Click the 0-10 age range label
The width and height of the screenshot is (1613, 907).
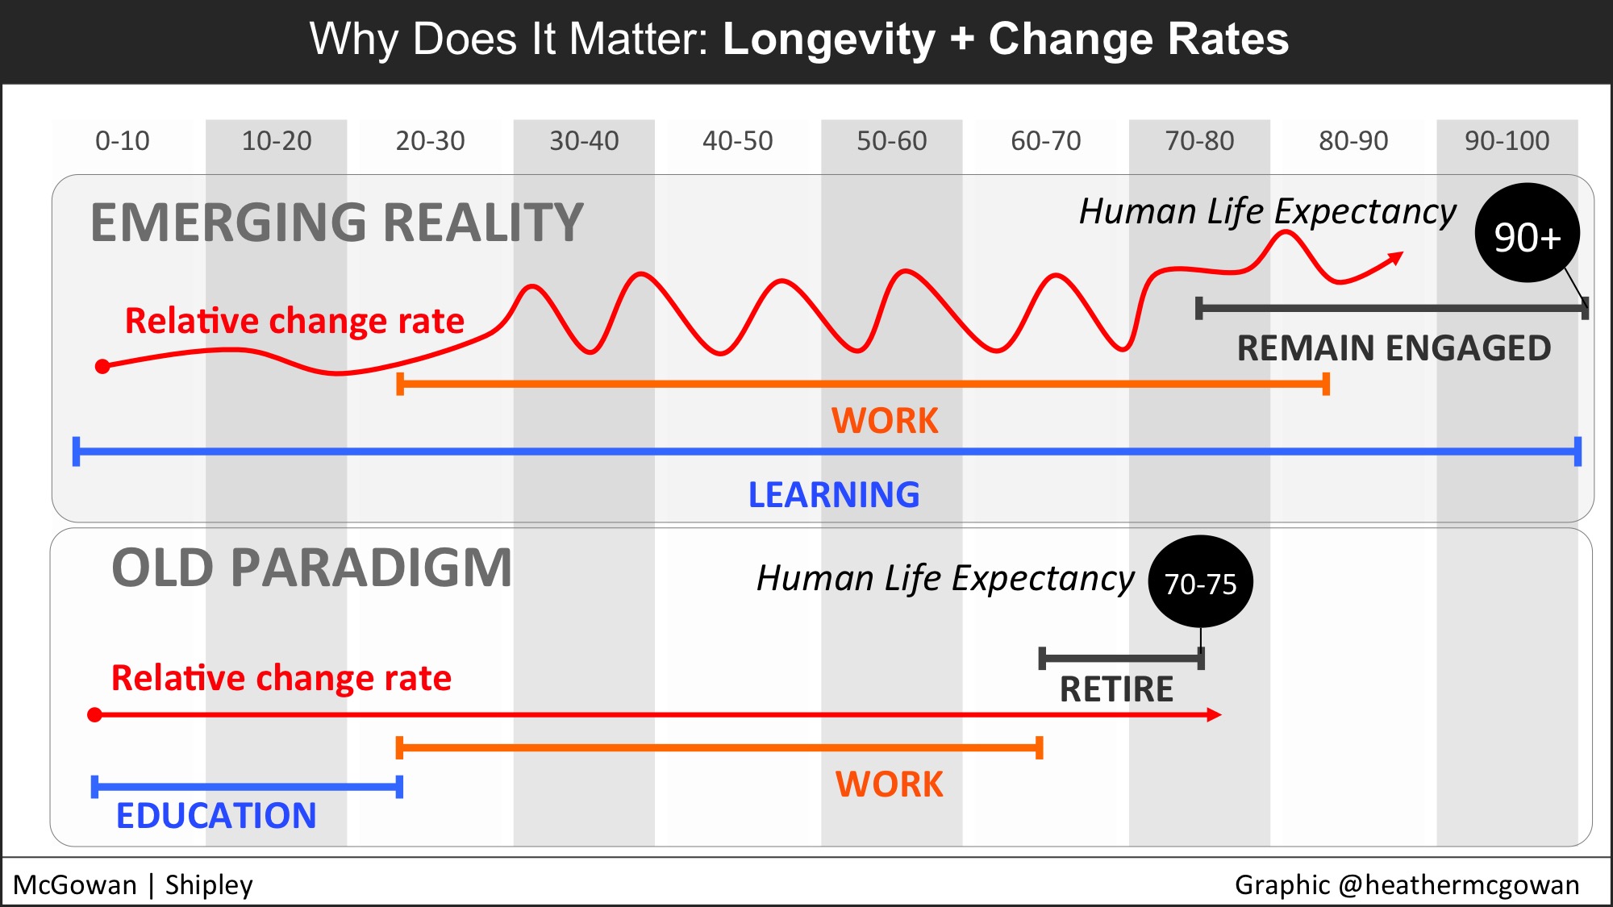click(x=123, y=141)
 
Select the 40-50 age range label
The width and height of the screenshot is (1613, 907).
click(x=737, y=141)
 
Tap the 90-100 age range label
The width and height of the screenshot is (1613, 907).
click(x=1507, y=141)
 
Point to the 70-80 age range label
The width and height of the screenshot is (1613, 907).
click(x=1199, y=141)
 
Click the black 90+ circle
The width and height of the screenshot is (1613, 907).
click(x=1527, y=233)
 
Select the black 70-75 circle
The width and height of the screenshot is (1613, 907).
click(x=1200, y=581)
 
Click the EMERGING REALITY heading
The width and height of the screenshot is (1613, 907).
click(x=336, y=223)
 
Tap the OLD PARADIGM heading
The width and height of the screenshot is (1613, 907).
click(x=311, y=568)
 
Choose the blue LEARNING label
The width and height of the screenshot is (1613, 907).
click(x=834, y=495)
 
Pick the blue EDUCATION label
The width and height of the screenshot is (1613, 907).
click(x=216, y=816)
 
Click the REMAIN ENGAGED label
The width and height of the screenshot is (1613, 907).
click(x=1394, y=348)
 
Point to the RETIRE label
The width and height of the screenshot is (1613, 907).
click(x=1116, y=689)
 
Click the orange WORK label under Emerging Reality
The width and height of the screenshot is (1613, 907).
click(x=885, y=421)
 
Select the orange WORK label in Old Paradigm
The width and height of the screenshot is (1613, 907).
click(x=889, y=784)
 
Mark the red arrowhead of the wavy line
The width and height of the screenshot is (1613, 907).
click(x=1395, y=259)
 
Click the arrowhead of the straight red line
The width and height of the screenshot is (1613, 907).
click(x=1215, y=715)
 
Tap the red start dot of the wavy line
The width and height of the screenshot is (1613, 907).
click(x=102, y=367)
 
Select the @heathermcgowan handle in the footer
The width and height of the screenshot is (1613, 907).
click(x=1458, y=885)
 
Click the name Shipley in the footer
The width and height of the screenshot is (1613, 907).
click(x=209, y=885)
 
